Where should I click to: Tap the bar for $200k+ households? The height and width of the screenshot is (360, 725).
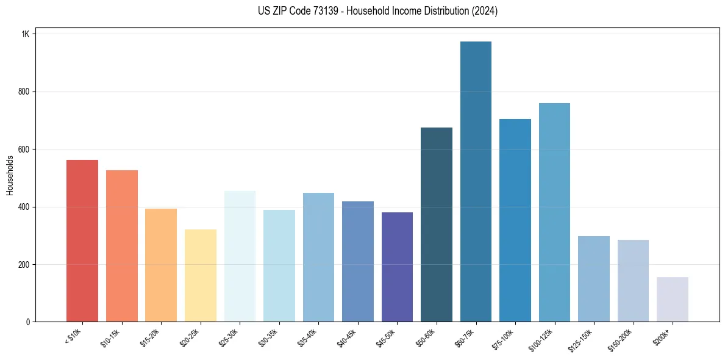tap(673, 300)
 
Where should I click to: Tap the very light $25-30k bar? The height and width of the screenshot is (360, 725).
tap(240, 256)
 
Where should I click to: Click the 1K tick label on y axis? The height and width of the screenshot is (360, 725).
tap(25, 34)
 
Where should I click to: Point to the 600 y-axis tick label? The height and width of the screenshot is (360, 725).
tap(24, 149)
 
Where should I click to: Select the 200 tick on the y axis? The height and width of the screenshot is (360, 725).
tap(24, 265)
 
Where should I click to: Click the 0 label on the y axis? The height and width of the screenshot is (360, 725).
tap(27, 322)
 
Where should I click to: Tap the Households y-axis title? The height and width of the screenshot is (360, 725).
tap(10, 175)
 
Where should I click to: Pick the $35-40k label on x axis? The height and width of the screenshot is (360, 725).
tap(309, 339)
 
